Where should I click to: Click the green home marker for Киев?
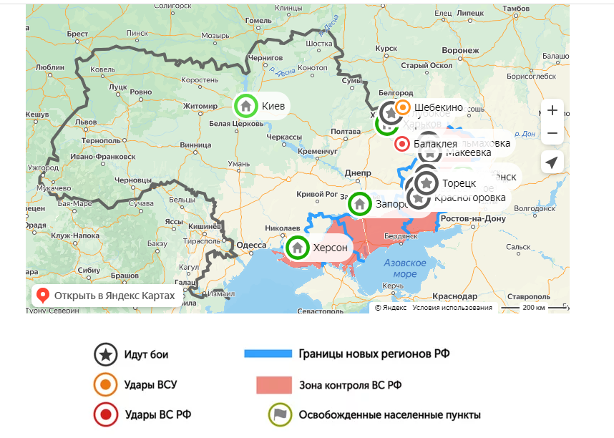[245, 106]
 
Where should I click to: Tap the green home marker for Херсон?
[297, 248]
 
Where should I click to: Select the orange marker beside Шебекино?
[403, 107]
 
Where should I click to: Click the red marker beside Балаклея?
[402, 144]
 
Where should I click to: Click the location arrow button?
[552, 162]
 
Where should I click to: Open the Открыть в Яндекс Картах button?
[107, 295]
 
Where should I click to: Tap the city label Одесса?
[251, 245]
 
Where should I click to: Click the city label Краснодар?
[454, 296]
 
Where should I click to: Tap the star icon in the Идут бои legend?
[106, 354]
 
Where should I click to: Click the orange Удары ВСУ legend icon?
[106, 384]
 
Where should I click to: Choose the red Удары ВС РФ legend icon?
[106, 414]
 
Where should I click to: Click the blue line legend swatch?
[268, 354]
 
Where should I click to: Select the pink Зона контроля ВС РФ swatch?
[274, 385]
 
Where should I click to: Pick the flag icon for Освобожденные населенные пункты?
[279, 414]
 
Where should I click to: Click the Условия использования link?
[452, 308]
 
